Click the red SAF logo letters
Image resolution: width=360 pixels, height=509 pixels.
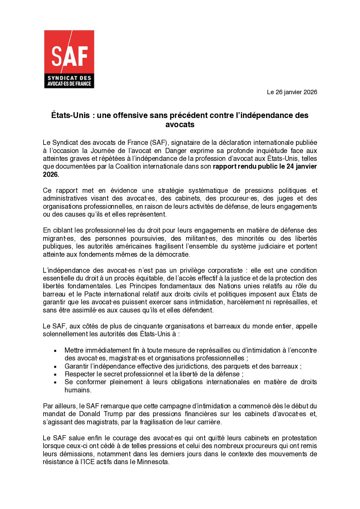pyautogui.click(x=69, y=56)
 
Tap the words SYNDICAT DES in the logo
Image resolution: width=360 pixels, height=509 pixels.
pyautogui.click(x=69, y=78)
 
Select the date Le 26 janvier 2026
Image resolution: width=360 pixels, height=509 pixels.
pyautogui.click(x=292, y=92)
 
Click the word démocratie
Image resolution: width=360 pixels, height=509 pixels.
pyautogui.click(x=172, y=254)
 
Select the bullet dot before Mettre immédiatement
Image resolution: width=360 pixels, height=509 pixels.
pyautogui.click(x=55, y=351)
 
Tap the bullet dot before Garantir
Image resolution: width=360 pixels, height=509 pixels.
pyautogui.click(x=55, y=367)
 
